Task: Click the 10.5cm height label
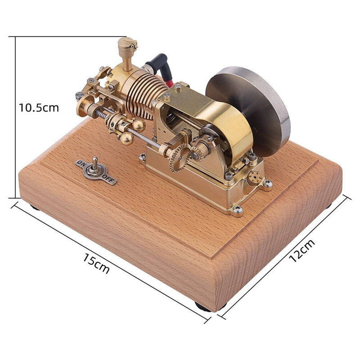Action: (39, 108)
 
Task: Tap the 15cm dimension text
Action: (96, 263)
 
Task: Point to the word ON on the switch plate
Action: (81, 163)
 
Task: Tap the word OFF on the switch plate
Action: (110, 179)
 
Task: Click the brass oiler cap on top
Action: (127, 45)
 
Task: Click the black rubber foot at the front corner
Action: (203, 307)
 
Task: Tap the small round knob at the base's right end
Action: (255, 178)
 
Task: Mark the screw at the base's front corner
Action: (237, 209)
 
